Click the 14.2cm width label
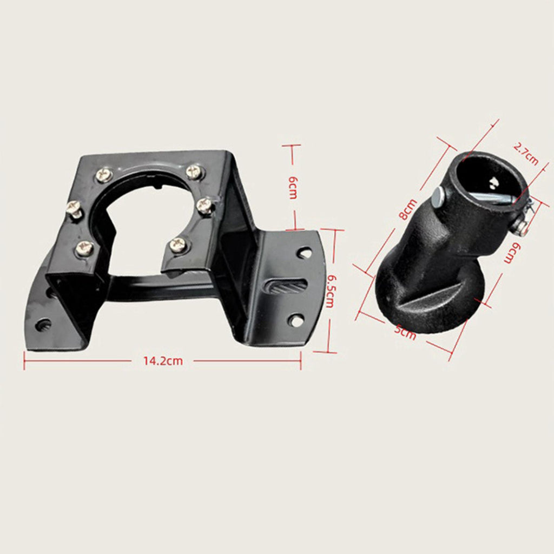point(163,361)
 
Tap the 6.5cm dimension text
point(329,291)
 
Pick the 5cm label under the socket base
point(405,332)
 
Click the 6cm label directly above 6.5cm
point(293,188)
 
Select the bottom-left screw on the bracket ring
point(85,248)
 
